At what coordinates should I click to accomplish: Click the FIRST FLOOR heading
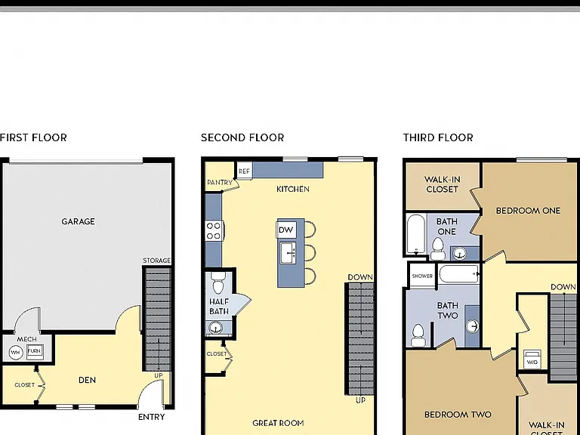[x=33, y=137]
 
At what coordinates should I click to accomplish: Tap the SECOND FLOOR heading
[x=242, y=137]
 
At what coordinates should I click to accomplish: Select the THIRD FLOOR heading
[x=438, y=137]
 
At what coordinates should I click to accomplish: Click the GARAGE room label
[x=78, y=221]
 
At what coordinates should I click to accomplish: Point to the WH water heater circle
[x=15, y=352]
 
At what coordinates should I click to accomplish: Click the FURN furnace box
[x=35, y=350]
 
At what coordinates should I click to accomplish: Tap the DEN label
[x=88, y=381]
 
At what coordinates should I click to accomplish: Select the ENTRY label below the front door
[x=152, y=417]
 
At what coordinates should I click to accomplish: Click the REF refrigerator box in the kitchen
[x=244, y=171]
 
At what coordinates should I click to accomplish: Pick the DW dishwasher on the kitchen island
[x=286, y=230]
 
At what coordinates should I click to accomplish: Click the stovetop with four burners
[x=214, y=231]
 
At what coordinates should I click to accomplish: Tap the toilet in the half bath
[x=218, y=283]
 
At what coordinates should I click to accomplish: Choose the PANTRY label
[x=220, y=182]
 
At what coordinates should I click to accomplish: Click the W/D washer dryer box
[x=532, y=359]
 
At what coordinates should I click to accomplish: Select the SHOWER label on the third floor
[x=422, y=276]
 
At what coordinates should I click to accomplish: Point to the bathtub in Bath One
[x=416, y=234]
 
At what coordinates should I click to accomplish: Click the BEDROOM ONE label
[x=528, y=211]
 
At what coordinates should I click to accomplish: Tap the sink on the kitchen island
[x=288, y=253]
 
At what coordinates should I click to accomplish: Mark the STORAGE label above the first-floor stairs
[x=157, y=261]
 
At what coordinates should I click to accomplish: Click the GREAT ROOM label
[x=278, y=423]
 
